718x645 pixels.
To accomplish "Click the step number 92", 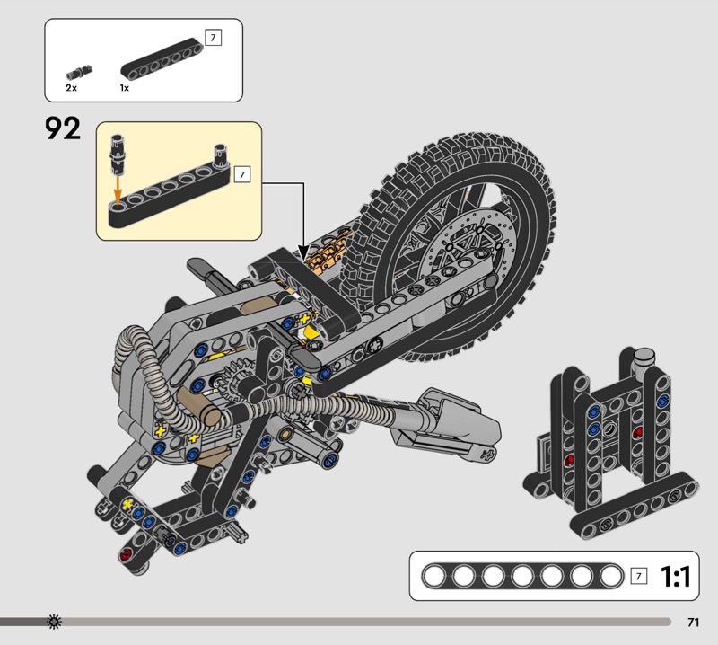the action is (63, 128).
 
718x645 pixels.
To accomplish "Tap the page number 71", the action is (693, 622).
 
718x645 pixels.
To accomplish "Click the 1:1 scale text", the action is (676, 577).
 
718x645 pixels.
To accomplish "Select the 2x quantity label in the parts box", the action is (72, 87).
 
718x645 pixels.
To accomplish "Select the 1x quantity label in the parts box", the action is (125, 87).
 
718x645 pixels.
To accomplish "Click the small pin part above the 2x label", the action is (79, 72).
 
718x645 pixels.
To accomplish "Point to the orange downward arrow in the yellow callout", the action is (118, 192).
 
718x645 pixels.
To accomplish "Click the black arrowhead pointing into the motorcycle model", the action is (303, 253).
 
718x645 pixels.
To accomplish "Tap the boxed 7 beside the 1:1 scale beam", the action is (639, 576).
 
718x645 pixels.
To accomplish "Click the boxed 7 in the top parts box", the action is (213, 38).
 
